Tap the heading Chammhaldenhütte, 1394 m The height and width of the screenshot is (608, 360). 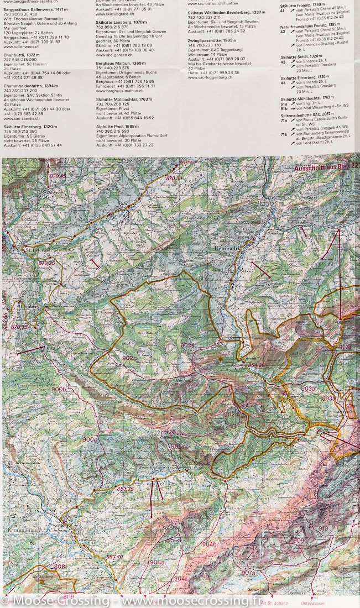30,86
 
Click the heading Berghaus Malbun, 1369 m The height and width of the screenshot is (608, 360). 119,64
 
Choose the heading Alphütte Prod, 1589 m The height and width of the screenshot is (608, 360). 117,127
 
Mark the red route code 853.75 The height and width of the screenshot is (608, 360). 126,489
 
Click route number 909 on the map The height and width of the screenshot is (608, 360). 299,540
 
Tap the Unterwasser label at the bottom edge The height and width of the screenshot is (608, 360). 312,603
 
